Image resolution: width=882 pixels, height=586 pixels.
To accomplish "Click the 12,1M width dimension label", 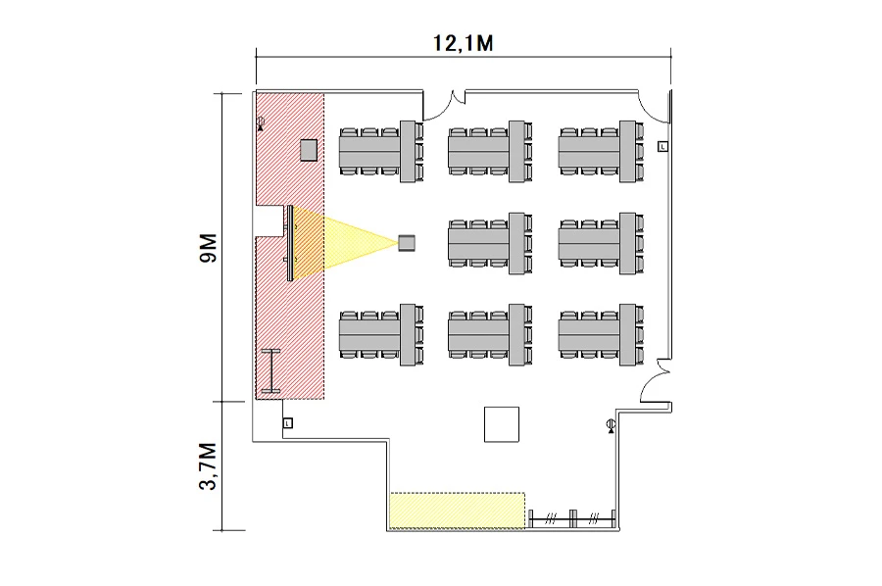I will pyautogui.click(x=462, y=42).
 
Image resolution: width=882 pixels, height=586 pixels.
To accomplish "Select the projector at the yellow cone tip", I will pyautogui.click(x=408, y=242).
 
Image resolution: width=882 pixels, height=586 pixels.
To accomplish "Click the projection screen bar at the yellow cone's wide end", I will pyautogui.click(x=290, y=243).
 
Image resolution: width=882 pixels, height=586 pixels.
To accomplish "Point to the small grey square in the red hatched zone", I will pyautogui.click(x=309, y=150).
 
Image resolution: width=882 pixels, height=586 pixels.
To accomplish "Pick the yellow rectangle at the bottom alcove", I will pyautogui.click(x=458, y=511).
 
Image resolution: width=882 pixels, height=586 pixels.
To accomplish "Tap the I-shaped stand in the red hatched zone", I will pyautogui.click(x=269, y=371).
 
